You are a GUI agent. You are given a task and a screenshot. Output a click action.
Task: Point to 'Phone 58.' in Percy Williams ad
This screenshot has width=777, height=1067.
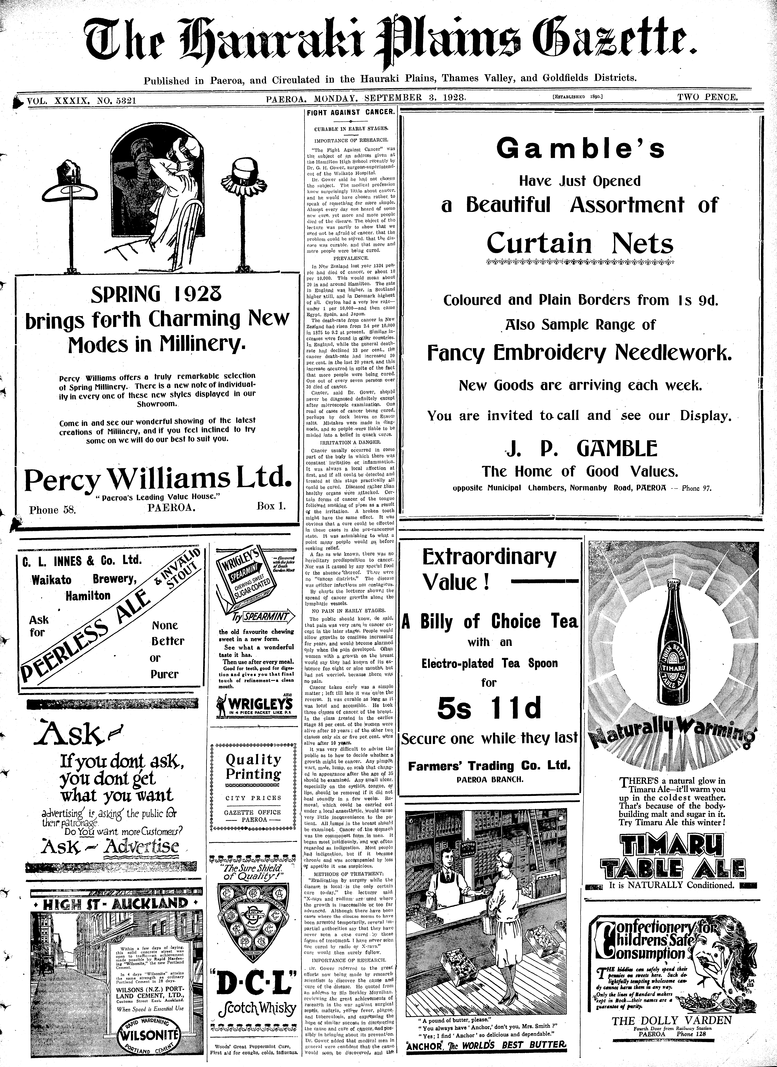pyautogui.click(x=52, y=510)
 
